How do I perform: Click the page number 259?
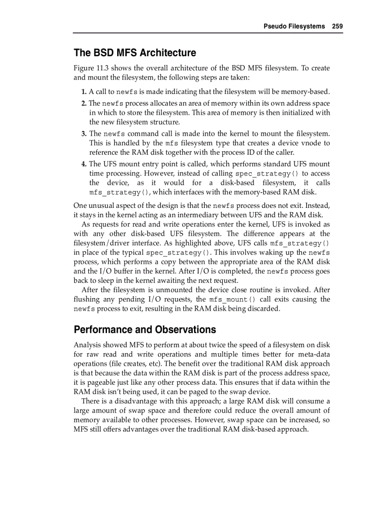point(337,26)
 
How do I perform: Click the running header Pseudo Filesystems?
point(294,26)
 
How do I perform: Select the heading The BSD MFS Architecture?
point(135,53)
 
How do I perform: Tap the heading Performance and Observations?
point(145,330)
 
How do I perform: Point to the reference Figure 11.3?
point(92,68)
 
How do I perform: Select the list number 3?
point(84,134)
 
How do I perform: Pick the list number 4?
point(84,164)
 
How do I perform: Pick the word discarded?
point(262,309)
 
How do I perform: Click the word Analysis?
point(88,345)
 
